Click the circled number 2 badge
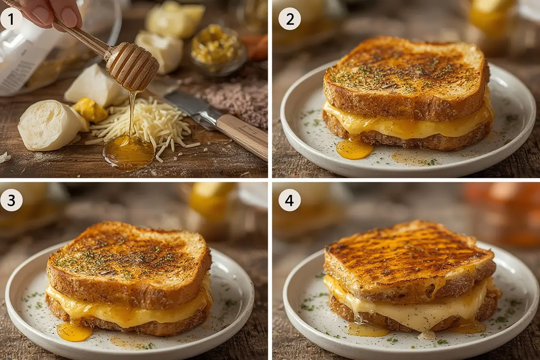[289, 19]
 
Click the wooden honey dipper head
[133, 66]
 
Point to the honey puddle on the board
[129, 152]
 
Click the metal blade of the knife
[189, 106]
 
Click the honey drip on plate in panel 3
[74, 332]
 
